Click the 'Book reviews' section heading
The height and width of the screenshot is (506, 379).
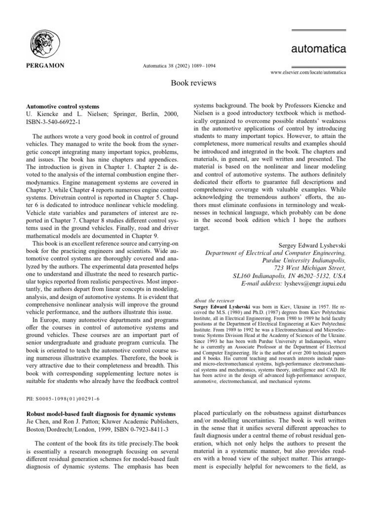(x=189, y=83)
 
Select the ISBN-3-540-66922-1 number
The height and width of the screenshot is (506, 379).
(x=52, y=122)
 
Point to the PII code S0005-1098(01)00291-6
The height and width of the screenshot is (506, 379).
(x=63, y=397)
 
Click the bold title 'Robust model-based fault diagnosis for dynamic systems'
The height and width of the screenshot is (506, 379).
(x=100, y=413)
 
